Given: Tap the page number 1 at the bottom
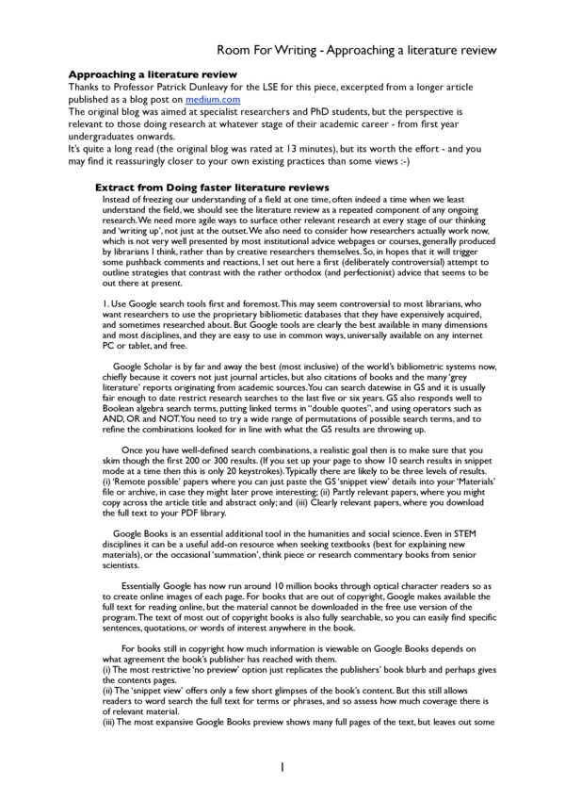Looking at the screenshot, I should click(282, 768).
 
